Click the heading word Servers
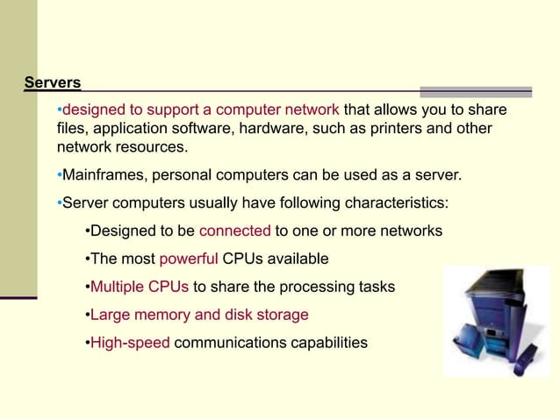tap(53, 83)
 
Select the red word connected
tap(235, 231)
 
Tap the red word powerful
tap(189, 259)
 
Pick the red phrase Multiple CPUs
tap(140, 287)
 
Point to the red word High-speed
tap(130, 342)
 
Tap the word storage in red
tap(281, 315)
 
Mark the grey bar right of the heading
tap(476, 91)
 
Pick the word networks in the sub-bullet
tap(409, 231)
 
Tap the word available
tap(294, 259)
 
